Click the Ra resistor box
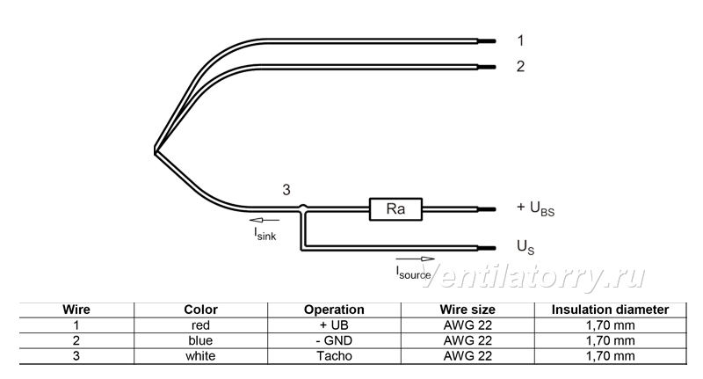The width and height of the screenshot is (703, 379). [395, 209]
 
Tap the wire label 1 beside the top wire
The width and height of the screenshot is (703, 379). [520, 40]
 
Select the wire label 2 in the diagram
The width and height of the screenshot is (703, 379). [520, 66]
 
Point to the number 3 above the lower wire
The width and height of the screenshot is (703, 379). [286, 190]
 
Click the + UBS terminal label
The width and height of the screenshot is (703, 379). [535, 208]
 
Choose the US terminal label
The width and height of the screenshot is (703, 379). [525, 247]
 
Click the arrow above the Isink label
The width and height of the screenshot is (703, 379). [265, 220]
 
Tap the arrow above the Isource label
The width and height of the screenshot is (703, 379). [415, 259]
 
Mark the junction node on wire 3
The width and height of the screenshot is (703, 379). [303, 208]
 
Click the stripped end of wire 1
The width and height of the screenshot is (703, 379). [487, 41]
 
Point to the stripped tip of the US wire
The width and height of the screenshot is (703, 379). [487, 248]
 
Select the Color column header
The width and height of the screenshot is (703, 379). [200, 310]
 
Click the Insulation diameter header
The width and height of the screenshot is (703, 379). [610, 310]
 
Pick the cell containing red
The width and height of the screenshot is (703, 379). [200, 325]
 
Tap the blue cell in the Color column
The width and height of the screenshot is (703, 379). [200, 340]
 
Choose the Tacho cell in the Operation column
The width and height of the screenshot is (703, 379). [334, 355]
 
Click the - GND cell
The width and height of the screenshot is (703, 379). [334, 340]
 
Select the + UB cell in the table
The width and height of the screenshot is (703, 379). [334, 325]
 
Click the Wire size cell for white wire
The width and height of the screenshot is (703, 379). [467, 355]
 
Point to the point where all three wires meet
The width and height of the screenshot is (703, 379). [156, 151]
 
